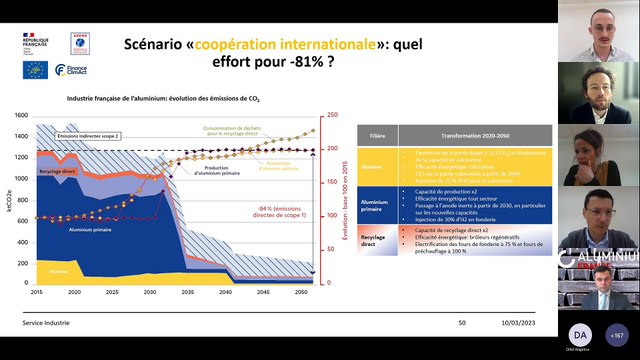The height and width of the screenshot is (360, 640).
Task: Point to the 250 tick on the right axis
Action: click(332, 114)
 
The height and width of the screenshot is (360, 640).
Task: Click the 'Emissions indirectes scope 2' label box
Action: click(88, 135)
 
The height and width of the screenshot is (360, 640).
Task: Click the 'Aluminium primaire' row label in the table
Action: click(376, 204)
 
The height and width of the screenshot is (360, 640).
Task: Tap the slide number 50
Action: click(462, 323)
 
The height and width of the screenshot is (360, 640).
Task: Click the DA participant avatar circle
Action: click(581, 334)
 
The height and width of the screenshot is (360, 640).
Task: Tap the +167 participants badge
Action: click(616, 334)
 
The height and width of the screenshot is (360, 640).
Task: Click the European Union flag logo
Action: click(35, 70)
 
